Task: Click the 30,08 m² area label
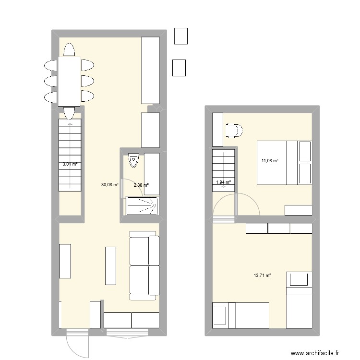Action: [x=109, y=184]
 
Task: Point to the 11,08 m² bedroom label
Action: [x=269, y=160]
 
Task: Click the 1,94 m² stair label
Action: [x=224, y=182]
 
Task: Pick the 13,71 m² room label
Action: [x=263, y=276]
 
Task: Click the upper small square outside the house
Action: [x=181, y=36]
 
